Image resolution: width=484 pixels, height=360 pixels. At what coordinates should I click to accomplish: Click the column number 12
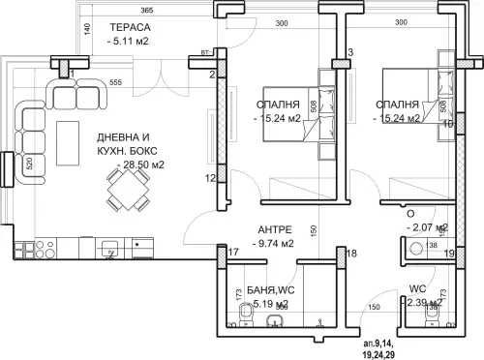[209, 178]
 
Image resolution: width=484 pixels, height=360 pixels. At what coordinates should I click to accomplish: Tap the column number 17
[233, 254]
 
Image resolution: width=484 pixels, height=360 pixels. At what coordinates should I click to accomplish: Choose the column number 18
[352, 254]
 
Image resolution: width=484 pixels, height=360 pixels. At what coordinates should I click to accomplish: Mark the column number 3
[350, 51]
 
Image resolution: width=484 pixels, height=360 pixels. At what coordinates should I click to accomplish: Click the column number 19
[448, 254]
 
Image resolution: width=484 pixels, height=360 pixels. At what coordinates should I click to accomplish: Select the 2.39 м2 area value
[426, 302]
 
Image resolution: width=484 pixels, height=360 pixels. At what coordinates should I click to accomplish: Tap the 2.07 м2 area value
[427, 227]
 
